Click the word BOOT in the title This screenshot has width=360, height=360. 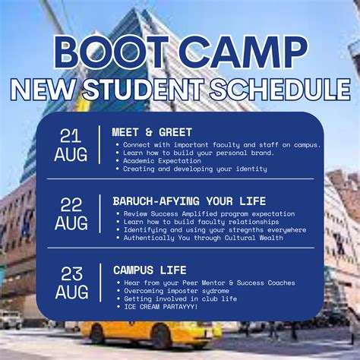112,52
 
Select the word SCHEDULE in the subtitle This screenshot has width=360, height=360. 280,90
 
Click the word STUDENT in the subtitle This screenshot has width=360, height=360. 144,90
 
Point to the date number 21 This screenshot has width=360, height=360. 71,136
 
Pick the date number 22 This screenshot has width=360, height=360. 71,205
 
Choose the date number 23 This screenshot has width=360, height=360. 71,274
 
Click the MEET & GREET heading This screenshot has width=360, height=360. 152,132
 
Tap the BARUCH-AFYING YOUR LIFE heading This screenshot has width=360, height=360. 189,201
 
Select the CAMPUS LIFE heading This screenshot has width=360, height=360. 150,270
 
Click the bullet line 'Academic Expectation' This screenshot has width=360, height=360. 162,161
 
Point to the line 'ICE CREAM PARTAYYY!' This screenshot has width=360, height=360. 161,307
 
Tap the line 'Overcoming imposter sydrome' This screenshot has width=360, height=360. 176,291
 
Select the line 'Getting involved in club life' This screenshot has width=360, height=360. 181,298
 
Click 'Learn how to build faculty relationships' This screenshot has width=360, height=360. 201,222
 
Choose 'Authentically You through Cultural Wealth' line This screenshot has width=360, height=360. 204,238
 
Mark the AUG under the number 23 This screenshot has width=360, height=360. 72,292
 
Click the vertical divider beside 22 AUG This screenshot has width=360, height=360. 100,213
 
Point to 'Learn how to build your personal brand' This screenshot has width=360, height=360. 199,153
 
